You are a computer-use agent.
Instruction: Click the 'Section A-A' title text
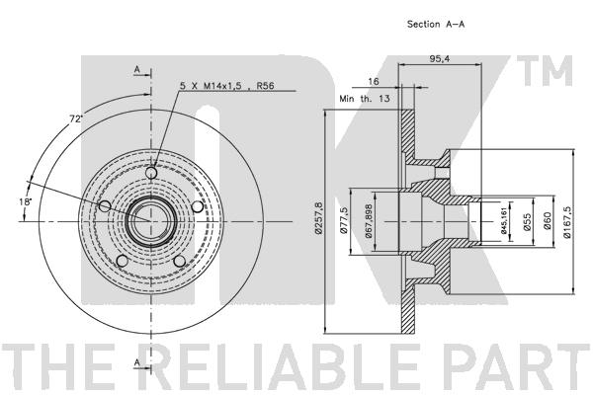tap(436, 24)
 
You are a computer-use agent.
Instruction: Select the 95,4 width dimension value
tap(440, 59)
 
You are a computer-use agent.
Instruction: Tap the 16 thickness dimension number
tap(374, 81)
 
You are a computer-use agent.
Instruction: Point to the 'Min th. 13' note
tap(365, 99)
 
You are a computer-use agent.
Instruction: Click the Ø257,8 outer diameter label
tap(318, 218)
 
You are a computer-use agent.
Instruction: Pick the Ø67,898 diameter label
tap(369, 221)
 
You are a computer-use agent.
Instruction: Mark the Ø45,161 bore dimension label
tap(504, 221)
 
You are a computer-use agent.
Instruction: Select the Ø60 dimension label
tap(548, 221)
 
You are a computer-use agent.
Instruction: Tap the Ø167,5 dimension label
tap(566, 222)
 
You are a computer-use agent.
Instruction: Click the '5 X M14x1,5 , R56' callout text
tap(227, 86)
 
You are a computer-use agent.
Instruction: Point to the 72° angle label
tap(76, 118)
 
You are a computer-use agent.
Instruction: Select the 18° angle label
tap(26, 201)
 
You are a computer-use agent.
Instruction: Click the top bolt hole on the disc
tap(151, 173)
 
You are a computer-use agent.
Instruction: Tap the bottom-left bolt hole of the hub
tap(123, 261)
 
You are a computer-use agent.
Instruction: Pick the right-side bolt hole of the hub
tap(198, 206)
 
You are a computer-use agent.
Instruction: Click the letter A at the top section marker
tap(137, 69)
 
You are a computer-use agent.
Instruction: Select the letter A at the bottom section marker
tap(137, 362)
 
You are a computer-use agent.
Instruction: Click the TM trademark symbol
tap(545, 71)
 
